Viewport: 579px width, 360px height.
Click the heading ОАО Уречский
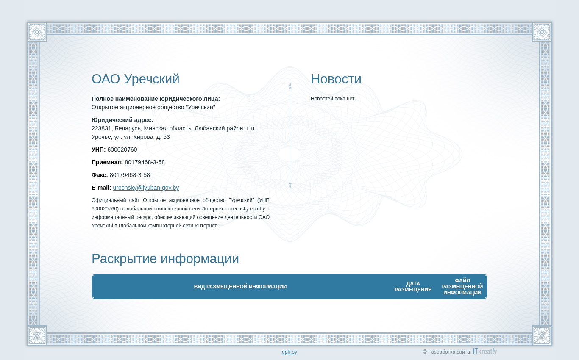[136, 79]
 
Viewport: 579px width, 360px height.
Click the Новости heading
[336, 79]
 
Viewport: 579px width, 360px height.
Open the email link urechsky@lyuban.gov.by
[146, 188]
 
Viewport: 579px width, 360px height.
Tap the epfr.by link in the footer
[289, 352]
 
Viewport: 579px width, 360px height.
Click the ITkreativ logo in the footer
[485, 351]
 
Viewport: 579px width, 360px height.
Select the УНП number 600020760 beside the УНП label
[122, 150]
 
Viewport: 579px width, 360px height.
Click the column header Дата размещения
[413, 287]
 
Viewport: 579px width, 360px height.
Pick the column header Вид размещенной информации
[240, 287]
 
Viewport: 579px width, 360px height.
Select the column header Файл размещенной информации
[462, 287]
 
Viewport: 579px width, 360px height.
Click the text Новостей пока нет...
[334, 99]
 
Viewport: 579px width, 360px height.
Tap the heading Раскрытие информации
[165, 258]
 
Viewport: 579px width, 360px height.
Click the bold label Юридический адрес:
[122, 120]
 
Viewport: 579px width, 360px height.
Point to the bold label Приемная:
[107, 163]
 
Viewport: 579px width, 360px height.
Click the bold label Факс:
[100, 175]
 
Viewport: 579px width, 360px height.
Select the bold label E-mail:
[101, 188]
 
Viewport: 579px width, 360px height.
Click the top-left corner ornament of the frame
[37, 32]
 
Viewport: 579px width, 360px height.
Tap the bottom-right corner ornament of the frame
[542, 335]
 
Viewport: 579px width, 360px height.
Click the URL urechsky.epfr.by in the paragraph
[247, 209]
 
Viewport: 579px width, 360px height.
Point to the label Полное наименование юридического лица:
[156, 99]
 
